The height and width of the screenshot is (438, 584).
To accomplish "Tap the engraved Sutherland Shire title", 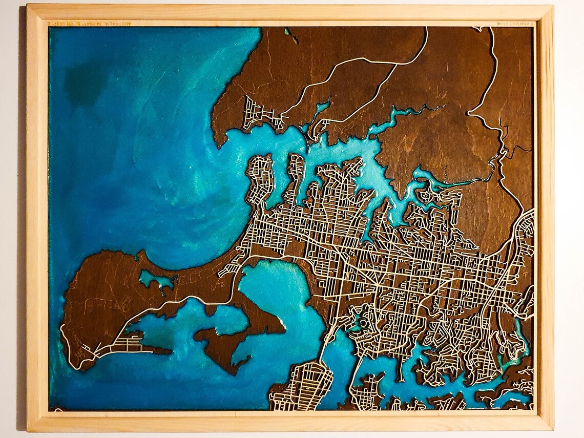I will click(513, 24).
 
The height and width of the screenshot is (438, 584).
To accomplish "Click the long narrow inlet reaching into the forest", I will click(405, 115).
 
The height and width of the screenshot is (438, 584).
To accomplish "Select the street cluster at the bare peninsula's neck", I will click(231, 266).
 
